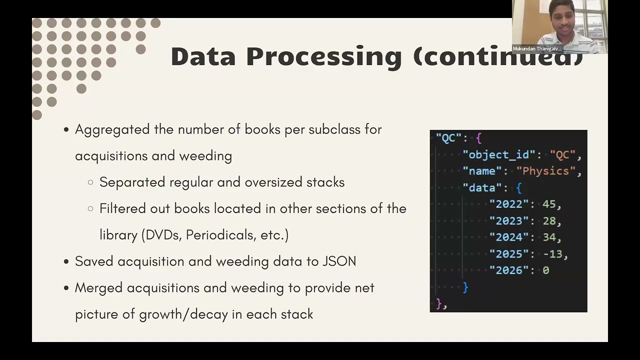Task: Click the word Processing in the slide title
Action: coord(323,56)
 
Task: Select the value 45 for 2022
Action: coord(549,204)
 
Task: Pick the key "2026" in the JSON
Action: coord(509,270)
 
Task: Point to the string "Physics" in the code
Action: coord(545,171)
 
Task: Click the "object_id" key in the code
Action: coord(499,154)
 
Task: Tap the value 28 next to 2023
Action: coord(549,220)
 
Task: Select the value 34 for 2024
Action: coord(549,237)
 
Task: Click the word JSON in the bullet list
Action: coord(339,261)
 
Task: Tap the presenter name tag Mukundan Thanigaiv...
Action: coord(537,49)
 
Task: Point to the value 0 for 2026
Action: coord(545,270)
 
